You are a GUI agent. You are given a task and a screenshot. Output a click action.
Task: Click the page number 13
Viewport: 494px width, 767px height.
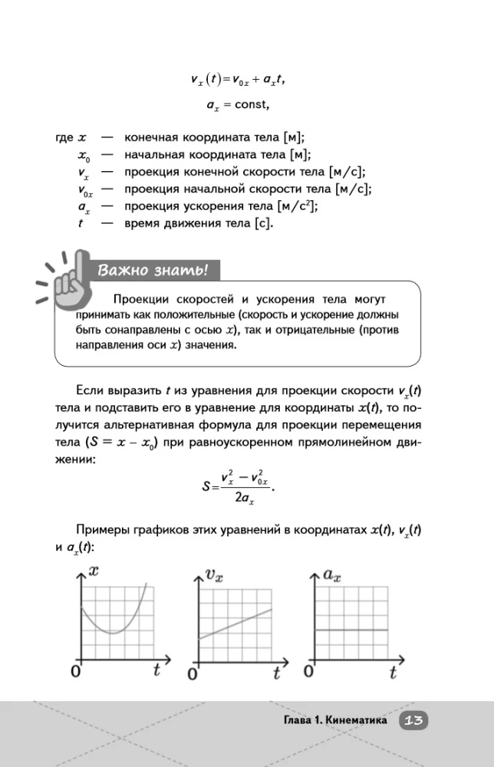(x=413, y=720)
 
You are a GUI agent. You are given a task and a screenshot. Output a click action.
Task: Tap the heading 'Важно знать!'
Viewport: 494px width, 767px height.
(x=153, y=270)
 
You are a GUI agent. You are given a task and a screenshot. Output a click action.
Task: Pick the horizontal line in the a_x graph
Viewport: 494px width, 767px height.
(x=352, y=630)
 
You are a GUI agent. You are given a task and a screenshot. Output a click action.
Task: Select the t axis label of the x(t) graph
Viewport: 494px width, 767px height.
(x=156, y=670)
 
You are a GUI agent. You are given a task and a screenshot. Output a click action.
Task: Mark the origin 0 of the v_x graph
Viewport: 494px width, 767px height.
(x=193, y=675)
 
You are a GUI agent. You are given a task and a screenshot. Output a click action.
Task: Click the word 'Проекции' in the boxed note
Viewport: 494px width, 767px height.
(x=140, y=298)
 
